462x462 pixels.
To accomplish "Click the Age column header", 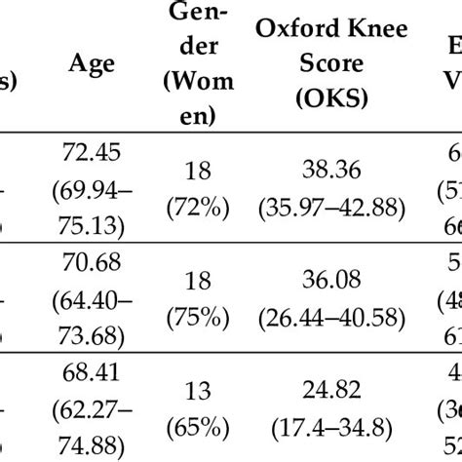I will (92, 64).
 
